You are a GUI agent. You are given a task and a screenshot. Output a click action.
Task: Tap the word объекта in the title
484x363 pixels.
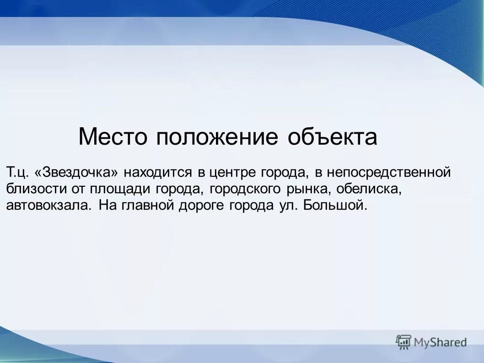coord(333,137)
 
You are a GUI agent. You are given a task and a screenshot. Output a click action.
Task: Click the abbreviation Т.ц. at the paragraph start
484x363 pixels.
coord(18,173)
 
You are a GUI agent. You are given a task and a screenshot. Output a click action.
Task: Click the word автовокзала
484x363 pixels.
coord(48,205)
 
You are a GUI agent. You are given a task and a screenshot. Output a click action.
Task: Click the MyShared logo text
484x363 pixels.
coord(440,342)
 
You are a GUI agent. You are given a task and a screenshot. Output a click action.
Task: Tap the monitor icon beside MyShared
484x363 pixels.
coord(403,341)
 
